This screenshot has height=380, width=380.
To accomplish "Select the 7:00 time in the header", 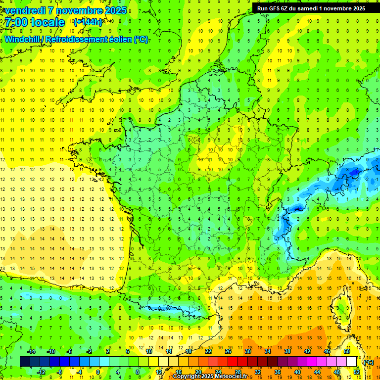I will click(x=17, y=22).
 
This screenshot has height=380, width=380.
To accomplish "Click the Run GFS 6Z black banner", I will click(x=311, y=8).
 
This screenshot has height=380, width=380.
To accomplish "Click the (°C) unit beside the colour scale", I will click(x=369, y=362).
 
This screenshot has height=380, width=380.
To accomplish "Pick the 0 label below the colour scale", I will click(x=98, y=372).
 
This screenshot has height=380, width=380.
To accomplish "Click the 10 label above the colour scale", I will click(x=148, y=351).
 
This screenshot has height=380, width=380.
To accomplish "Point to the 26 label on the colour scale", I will click(x=228, y=351).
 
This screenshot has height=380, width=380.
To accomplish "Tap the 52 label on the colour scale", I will click(x=357, y=372).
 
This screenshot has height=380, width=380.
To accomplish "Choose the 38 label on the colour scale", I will click(x=287, y=351).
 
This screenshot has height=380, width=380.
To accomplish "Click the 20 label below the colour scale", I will click(x=198, y=372).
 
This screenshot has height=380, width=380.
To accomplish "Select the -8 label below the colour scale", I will click(x=59, y=372).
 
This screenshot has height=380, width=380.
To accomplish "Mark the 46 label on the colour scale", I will click(x=327, y=351).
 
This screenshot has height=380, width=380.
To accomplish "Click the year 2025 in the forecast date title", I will click(x=115, y=10).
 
